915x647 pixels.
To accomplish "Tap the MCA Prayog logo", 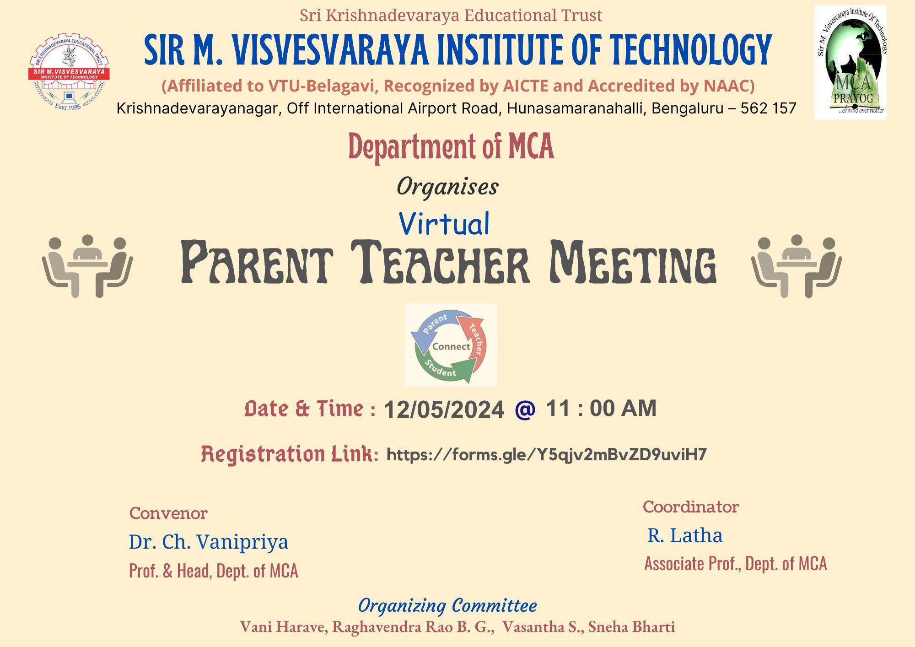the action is (850, 63).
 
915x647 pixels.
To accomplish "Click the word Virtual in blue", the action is (444, 224).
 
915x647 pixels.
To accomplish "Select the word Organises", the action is (447, 187).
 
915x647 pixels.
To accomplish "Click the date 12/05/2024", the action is (444, 409).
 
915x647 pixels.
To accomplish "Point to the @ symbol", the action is (525, 409).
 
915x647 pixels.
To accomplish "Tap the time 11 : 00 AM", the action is (601, 408).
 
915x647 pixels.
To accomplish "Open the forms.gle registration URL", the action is (547, 454).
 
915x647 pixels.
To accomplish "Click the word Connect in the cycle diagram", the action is (451, 346).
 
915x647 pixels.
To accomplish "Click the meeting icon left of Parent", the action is (87, 266).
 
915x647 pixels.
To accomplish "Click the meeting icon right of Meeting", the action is (797, 266).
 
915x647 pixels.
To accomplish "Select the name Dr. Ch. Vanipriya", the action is (209, 542).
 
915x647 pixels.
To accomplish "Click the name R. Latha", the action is (685, 535).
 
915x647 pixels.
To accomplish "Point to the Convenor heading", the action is (168, 513).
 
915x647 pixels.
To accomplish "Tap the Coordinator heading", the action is (691, 507).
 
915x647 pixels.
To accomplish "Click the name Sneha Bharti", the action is (631, 627).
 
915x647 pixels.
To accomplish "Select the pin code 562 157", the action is (769, 108).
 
